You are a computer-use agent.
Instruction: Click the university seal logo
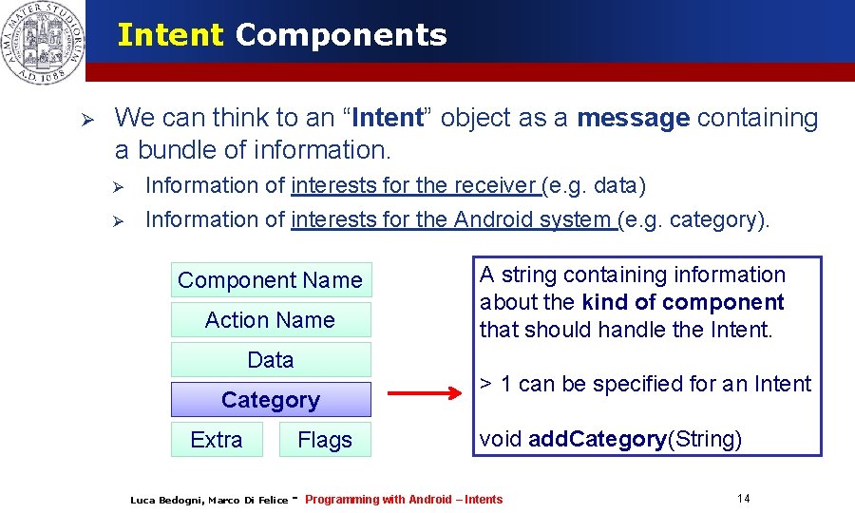point(42,42)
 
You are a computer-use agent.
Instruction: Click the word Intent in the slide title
point(170,35)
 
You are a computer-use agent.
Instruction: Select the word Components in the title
point(341,35)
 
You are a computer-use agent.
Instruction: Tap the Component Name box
point(271,280)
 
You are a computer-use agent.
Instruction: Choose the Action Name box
point(271,320)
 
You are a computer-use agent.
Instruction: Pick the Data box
point(271,360)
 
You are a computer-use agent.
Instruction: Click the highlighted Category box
point(271,400)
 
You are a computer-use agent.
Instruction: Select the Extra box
point(217,440)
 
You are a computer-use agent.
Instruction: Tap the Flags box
point(325,440)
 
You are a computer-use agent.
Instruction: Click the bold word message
point(633,118)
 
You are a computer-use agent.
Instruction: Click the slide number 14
point(743,499)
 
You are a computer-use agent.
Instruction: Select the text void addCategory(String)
point(611,439)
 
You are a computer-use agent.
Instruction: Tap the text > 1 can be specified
point(645,384)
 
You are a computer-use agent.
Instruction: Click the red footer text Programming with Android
point(404,500)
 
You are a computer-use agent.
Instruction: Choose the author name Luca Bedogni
point(166,501)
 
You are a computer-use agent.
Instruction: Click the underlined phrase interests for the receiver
point(415,185)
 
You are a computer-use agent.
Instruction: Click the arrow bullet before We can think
point(85,120)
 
